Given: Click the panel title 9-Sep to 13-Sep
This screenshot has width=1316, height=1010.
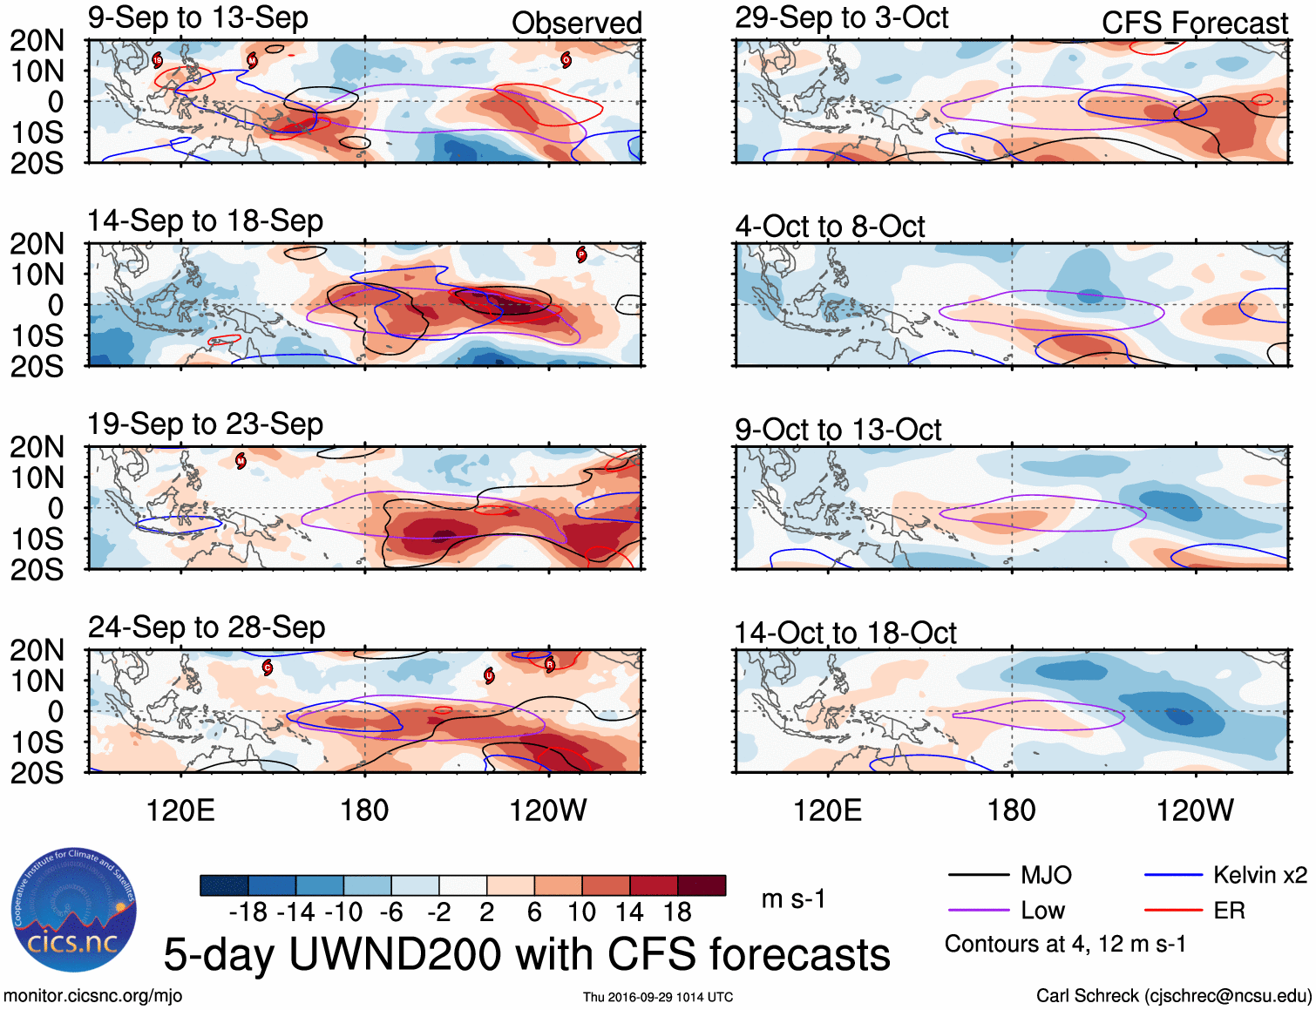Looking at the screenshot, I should tap(198, 18).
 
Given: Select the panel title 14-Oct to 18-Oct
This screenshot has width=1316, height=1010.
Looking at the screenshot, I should tap(845, 634).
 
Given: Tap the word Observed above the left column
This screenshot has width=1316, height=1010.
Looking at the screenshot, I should tap(576, 24).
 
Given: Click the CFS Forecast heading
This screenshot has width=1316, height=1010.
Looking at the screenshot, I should tap(1194, 24).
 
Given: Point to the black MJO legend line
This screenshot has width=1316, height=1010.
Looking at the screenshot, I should tap(978, 875).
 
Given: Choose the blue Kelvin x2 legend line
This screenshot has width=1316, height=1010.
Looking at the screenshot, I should tap(1173, 875).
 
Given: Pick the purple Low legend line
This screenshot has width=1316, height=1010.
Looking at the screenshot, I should tap(978, 911).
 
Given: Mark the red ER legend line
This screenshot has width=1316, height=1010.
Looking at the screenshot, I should tap(1173, 911).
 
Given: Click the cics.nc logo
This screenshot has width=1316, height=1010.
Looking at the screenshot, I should tap(74, 910).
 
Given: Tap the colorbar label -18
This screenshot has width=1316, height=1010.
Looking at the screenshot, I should tap(248, 912).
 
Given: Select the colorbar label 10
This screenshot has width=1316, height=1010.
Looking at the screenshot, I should tap(581, 912).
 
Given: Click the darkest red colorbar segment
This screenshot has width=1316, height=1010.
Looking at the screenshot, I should tap(702, 885).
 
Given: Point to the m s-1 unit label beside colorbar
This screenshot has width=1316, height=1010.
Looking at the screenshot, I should tap(793, 899).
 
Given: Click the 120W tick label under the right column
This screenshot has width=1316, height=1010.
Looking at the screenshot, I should tap(1195, 810).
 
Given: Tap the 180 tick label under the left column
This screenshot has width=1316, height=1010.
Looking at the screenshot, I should tap(364, 810).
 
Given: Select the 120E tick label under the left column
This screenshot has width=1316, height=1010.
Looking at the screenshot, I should tap(180, 810).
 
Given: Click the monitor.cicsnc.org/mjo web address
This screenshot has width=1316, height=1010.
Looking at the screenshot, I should tap(93, 996).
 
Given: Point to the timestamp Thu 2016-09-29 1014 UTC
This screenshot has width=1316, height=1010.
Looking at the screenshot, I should tap(658, 997).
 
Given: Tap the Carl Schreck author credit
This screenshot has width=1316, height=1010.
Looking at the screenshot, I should tap(1174, 996).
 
